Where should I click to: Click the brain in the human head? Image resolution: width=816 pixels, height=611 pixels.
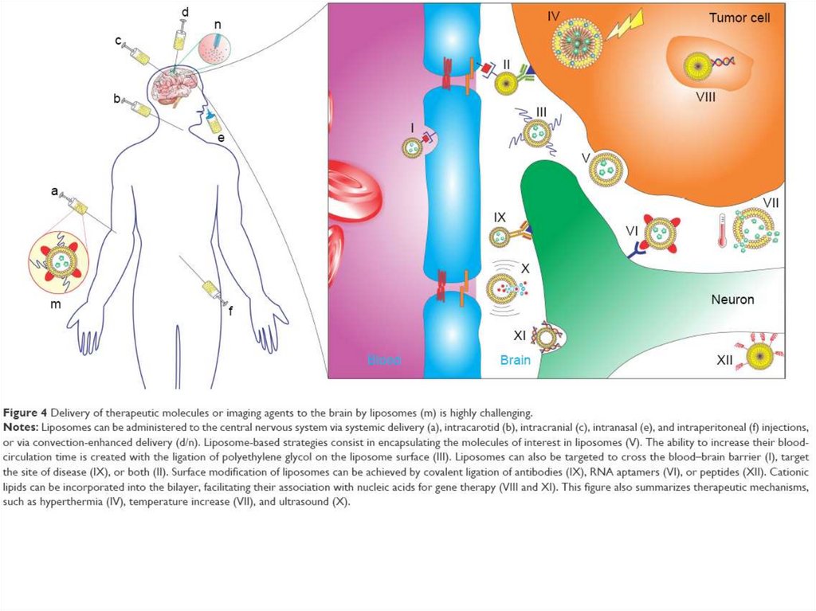pyautogui.click(x=175, y=85)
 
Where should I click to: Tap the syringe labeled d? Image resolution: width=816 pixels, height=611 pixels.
pyautogui.click(x=182, y=37)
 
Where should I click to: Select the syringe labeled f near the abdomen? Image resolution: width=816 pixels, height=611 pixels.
pyautogui.click(x=211, y=289)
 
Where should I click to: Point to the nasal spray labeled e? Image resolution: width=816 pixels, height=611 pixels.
pyautogui.click(x=212, y=120)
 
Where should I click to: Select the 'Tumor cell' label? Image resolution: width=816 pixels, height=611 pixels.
pyautogui.click(x=739, y=18)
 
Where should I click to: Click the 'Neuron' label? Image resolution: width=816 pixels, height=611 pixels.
pyautogui.click(x=732, y=300)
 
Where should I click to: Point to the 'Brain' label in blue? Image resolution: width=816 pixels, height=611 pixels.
pyautogui.click(x=515, y=360)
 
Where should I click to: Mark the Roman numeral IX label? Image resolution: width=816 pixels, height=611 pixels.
pyautogui.click(x=500, y=217)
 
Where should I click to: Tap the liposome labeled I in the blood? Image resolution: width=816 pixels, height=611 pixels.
pyautogui.click(x=413, y=147)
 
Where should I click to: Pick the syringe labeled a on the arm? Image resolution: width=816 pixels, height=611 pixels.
pyautogui.click(x=77, y=205)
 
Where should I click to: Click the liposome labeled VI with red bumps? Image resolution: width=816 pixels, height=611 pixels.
pyautogui.click(x=661, y=233)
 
